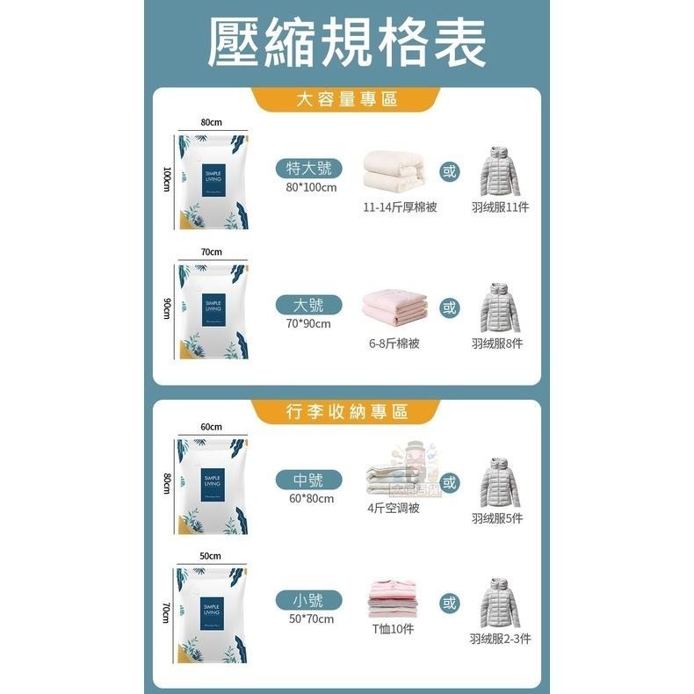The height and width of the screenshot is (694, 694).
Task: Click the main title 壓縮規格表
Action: click(347, 41)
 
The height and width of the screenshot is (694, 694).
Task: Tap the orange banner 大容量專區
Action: click(347, 99)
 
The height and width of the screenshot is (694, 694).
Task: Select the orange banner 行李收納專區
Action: click(347, 411)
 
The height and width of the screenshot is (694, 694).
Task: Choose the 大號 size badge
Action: click(307, 305)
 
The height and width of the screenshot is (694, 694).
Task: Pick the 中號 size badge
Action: click(307, 480)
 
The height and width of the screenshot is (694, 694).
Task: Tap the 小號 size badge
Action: click(307, 601)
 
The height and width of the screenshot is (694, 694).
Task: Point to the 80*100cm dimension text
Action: click(310, 187)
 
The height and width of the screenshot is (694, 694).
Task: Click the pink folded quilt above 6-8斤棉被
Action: click(394, 308)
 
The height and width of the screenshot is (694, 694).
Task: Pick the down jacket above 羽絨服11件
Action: click(500, 170)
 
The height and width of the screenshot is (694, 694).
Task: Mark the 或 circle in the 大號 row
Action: click(450, 307)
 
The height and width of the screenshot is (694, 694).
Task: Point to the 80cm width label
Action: click(210, 122)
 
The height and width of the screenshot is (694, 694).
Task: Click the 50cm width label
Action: click(210, 556)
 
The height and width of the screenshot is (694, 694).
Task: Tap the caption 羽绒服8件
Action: click(497, 343)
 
